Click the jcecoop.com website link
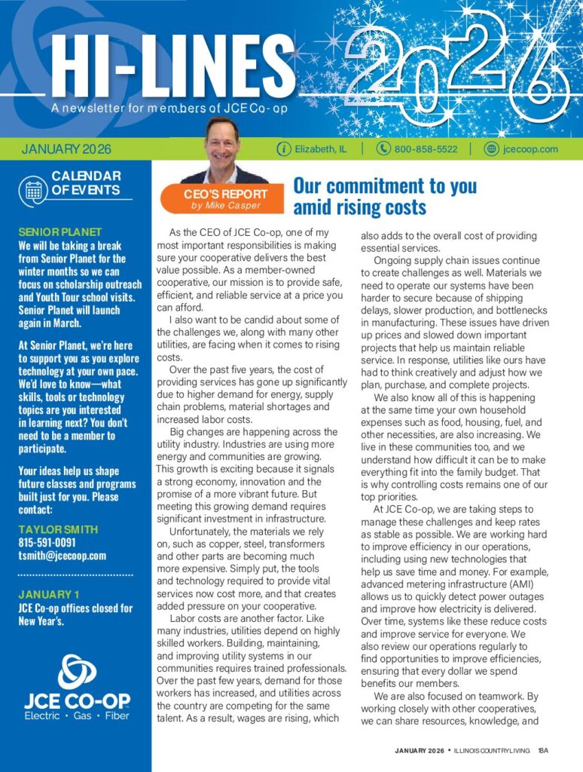[x=530, y=149]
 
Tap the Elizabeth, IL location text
[x=321, y=149]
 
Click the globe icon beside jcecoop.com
[x=491, y=149]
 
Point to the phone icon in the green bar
[x=383, y=149]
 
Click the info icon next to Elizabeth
[x=284, y=149]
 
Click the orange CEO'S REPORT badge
[x=224, y=198]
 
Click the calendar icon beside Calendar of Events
[x=34, y=188]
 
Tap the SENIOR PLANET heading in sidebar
[x=60, y=232]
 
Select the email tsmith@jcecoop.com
[x=62, y=556]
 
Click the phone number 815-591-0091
[x=47, y=543]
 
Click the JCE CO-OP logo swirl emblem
[x=76, y=671]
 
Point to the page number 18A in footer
[x=544, y=750]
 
